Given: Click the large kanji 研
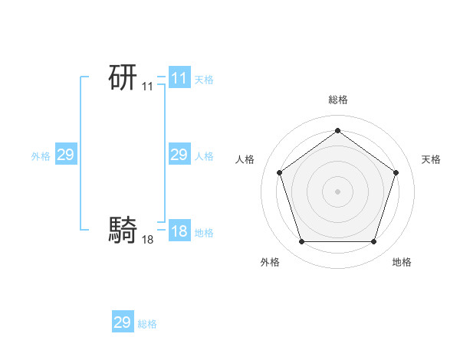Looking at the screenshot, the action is (x=123, y=77).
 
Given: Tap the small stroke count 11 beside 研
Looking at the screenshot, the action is (x=147, y=87).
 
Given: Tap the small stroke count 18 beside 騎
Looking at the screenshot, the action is (x=147, y=240).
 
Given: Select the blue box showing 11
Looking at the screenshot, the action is (x=179, y=77).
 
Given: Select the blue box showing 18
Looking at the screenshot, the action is (x=179, y=231).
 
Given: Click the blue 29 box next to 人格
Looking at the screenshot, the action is (x=179, y=155).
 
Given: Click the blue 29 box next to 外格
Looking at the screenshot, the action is (x=65, y=155).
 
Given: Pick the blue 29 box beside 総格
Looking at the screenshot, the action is (x=122, y=322).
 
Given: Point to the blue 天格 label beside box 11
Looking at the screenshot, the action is (x=204, y=80).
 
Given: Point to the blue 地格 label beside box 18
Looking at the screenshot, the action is (x=204, y=233).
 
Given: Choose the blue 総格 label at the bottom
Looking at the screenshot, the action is (x=147, y=325).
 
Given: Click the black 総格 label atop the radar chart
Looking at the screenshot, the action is (x=337, y=100).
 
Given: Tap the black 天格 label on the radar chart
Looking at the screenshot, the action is (x=431, y=159).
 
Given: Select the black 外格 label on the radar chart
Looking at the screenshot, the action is (x=270, y=262).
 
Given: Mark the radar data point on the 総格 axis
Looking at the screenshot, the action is (x=337, y=131).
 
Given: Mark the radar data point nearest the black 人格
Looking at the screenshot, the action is (x=279, y=172).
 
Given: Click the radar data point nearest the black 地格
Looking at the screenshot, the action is (x=373, y=242).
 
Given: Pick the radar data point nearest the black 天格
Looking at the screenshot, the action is (x=396, y=172).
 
